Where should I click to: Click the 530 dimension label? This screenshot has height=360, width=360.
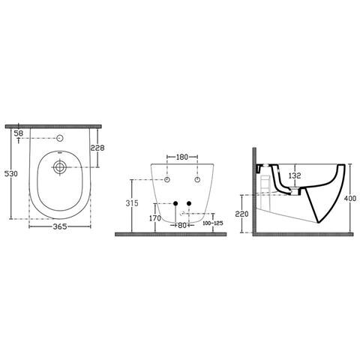coord(10,173)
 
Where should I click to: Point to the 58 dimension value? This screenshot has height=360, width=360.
coord(18,132)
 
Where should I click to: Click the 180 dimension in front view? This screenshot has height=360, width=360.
coord(181,158)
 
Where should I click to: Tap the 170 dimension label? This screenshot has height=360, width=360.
coord(154,218)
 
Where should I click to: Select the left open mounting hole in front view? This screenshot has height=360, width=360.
coord(166,181)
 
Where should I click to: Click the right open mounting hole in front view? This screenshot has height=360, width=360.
coord(196,181)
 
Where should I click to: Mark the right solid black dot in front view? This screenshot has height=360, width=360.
coord(188,203)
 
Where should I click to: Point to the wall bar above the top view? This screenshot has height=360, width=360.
coord(60,125)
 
